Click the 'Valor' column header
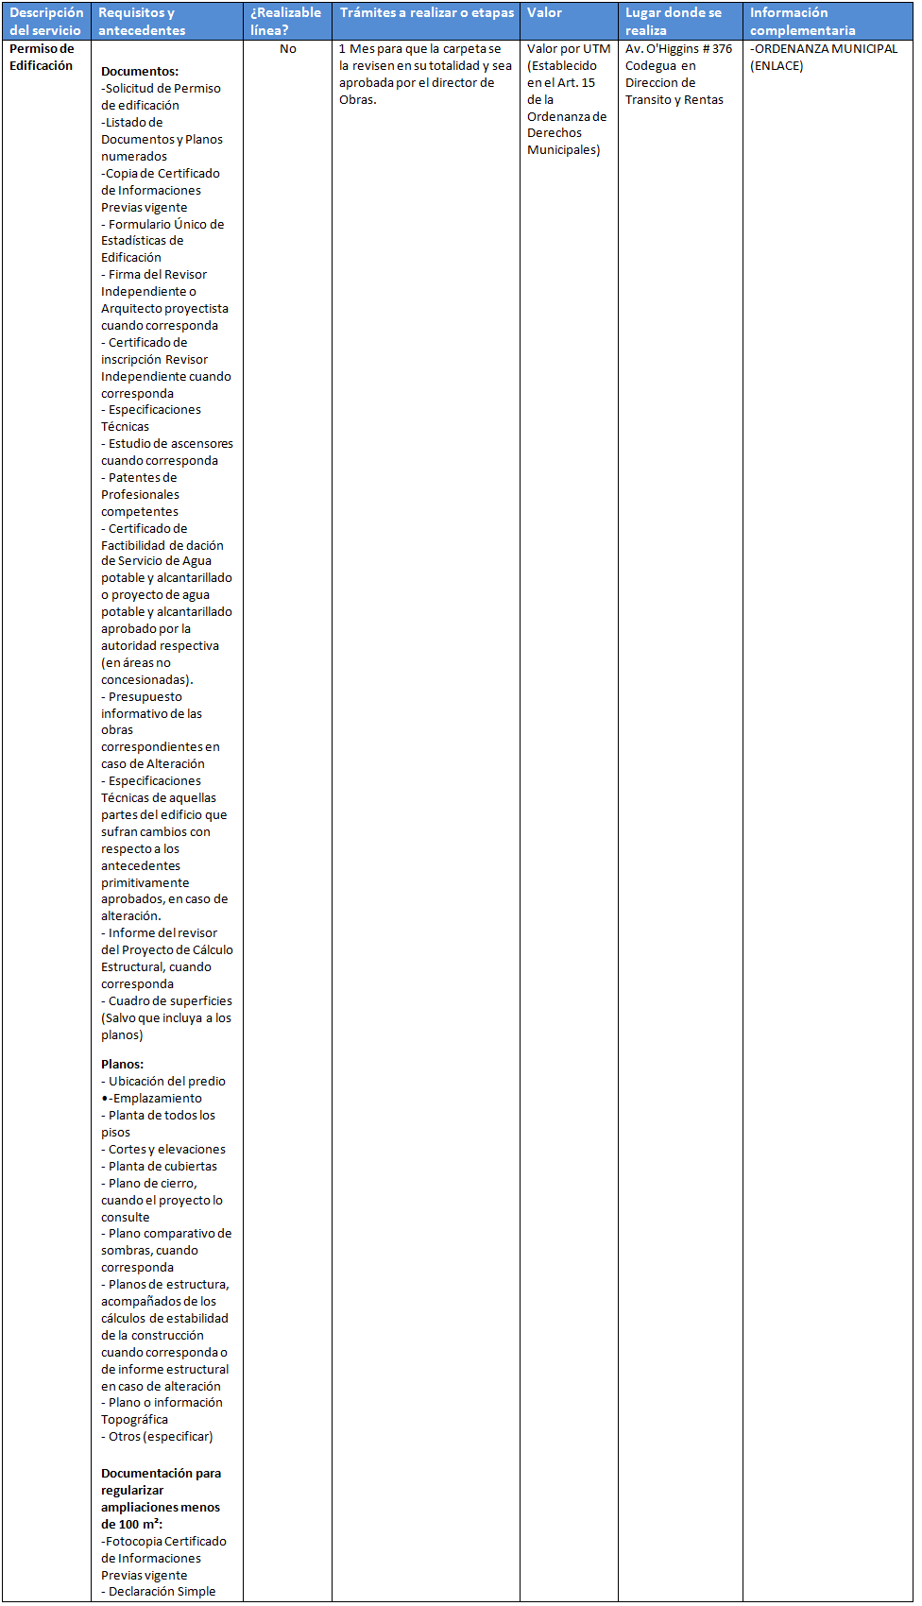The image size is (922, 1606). [545, 13]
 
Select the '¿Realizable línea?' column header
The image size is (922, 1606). [285, 21]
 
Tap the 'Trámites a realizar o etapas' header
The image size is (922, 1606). [427, 13]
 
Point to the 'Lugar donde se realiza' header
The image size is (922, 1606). [673, 21]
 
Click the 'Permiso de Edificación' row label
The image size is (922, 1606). [42, 57]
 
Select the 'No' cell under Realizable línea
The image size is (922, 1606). [288, 49]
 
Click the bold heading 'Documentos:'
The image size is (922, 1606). [140, 72]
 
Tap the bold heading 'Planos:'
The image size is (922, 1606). [123, 1065]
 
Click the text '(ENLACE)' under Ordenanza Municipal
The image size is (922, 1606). [777, 66]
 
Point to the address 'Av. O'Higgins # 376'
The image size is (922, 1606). [678, 49]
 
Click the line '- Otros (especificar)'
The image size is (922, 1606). [158, 1437]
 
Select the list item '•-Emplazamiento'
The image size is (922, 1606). [151, 1099]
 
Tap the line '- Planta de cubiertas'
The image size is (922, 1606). [160, 1167]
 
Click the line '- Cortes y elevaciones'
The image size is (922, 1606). [163, 1150]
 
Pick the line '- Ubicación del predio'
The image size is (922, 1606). [163, 1082]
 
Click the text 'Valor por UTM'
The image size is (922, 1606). [569, 49]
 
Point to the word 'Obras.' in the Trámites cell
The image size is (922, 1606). [358, 100]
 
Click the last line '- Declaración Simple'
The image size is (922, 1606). [159, 1592]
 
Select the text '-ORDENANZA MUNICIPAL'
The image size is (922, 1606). [824, 49]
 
